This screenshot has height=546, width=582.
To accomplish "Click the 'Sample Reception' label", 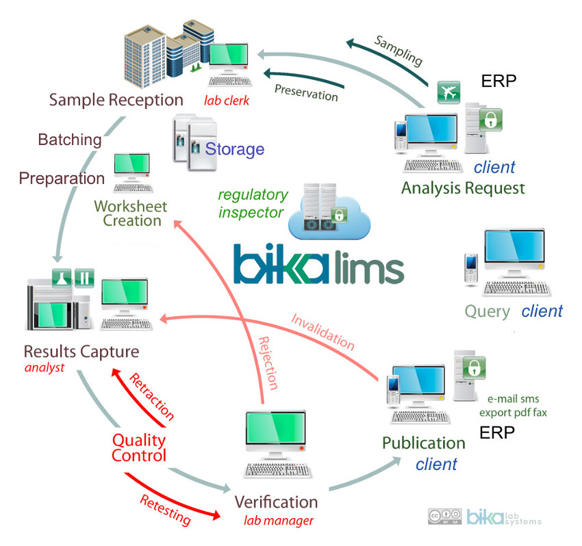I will (x=116, y=100).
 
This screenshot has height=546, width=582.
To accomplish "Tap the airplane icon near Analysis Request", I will (x=448, y=92).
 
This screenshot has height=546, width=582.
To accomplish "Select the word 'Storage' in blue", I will (x=235, y=148).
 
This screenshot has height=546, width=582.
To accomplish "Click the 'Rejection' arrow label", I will (x=269, y=363).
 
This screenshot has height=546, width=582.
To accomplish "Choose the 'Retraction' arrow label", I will (x=151, y=396).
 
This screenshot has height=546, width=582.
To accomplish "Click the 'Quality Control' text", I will (x=138, y=447).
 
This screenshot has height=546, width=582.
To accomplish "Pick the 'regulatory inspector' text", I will (x=251, y=204).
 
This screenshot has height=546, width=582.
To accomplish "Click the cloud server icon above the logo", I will (x=329, y=211).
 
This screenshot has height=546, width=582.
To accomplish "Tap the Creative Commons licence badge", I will (x=443, y=517).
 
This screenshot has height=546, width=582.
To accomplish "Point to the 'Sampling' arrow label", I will (x=398, y=49).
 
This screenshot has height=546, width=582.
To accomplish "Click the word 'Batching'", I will (x=69, y=140).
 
